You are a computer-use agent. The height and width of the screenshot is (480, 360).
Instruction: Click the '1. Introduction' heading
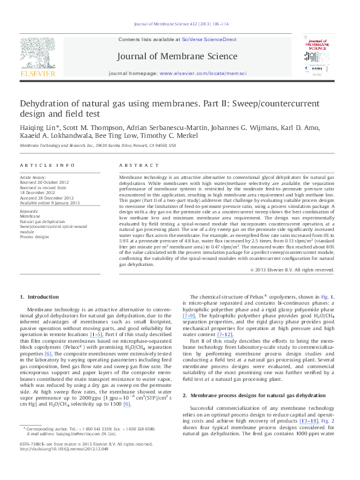(x=41, y=297)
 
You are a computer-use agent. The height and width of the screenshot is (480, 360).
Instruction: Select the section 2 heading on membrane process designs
(x=249, y=394)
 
